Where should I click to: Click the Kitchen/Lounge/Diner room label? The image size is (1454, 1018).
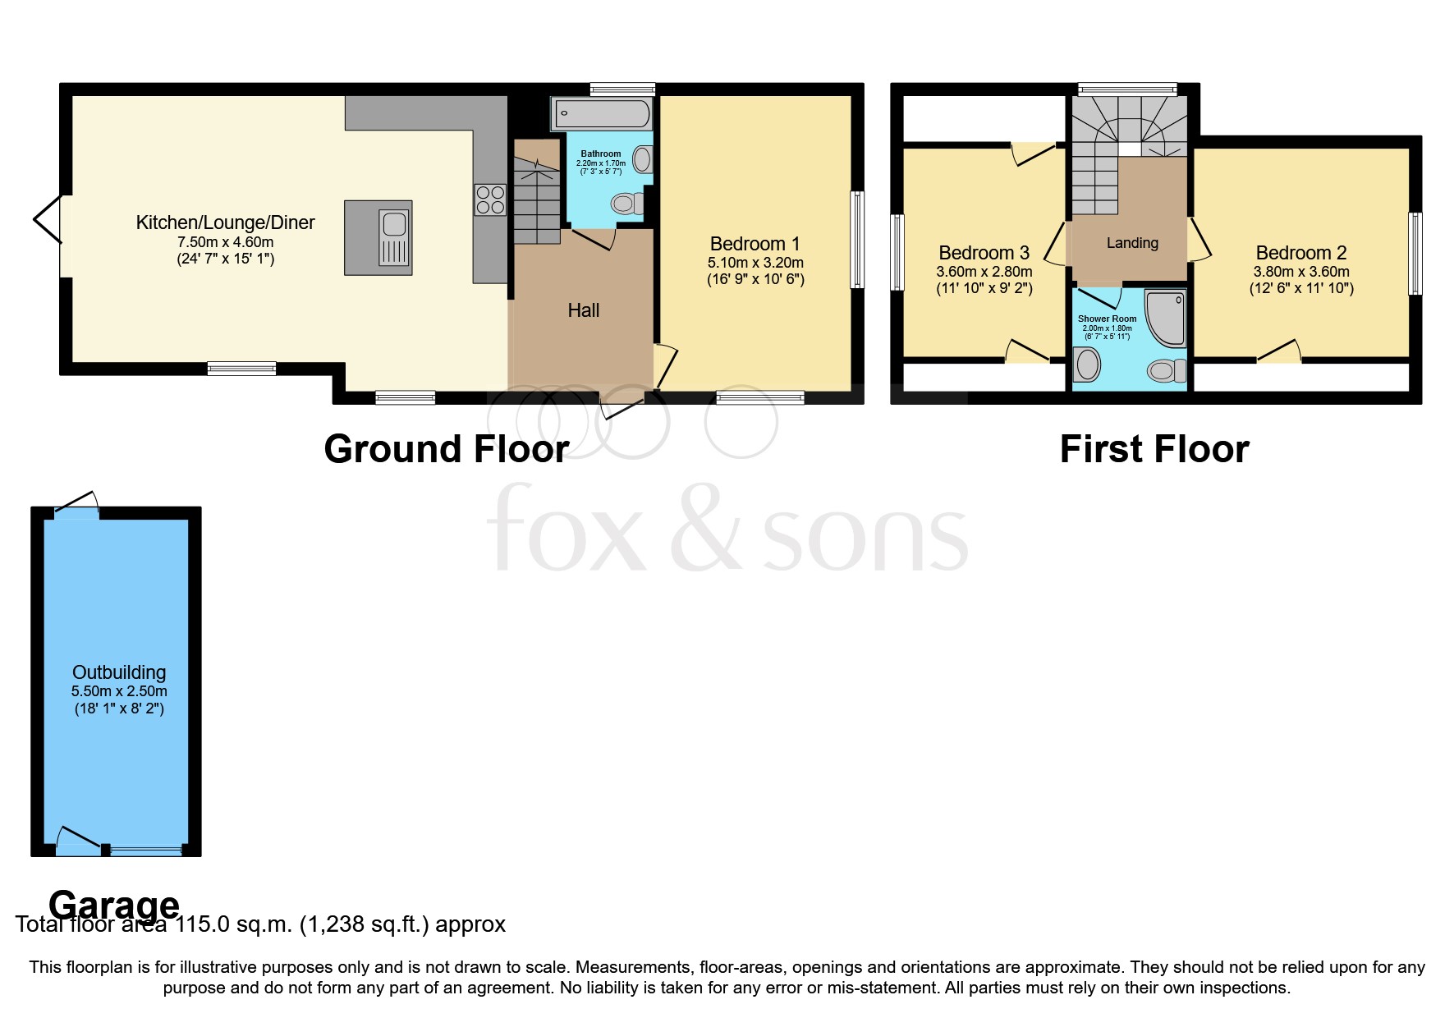225,222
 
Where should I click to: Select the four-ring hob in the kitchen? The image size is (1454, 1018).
489,199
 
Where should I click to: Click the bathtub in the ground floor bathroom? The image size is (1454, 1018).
603,113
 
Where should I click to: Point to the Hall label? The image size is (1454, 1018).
583,310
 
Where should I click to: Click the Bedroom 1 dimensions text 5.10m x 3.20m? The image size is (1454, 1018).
755,263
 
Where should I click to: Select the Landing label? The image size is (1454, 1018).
1132,243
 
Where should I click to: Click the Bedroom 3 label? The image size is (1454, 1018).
984,253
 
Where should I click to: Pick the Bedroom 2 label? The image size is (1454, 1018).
1300,253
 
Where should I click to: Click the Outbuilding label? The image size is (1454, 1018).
119,672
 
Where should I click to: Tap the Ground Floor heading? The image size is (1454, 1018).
446,449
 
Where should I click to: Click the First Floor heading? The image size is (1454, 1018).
1154,449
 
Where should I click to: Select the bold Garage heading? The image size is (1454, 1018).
114,905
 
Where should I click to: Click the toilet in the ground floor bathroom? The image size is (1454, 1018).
628,202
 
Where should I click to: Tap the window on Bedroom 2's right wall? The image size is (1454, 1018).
1415,253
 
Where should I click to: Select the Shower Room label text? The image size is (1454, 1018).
1107,319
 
